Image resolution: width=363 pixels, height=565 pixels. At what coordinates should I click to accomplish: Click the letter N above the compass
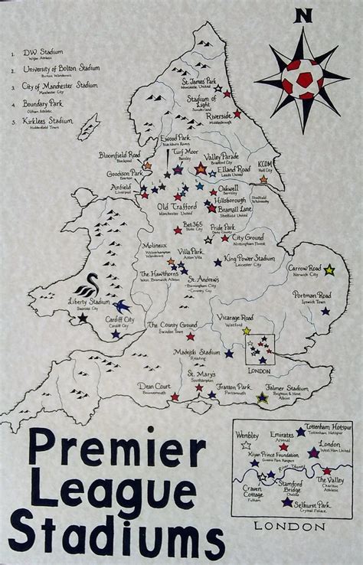(x=306, y=15)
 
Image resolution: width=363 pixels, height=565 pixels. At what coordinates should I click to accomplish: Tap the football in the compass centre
(x=305, y=75)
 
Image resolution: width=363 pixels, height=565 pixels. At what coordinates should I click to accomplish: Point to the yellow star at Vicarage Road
(x=246, y=331)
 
